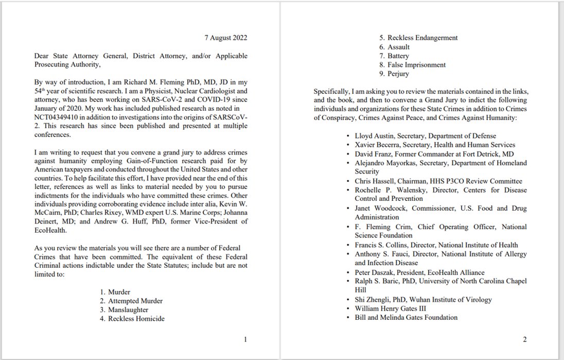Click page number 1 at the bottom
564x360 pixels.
[x=245, y=339]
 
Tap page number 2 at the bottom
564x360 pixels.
[x=524, y=339]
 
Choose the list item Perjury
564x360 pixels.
[x=399, y=74]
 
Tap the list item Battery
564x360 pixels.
[x=398, y=56]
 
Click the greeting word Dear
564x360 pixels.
[x=43, y=56]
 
